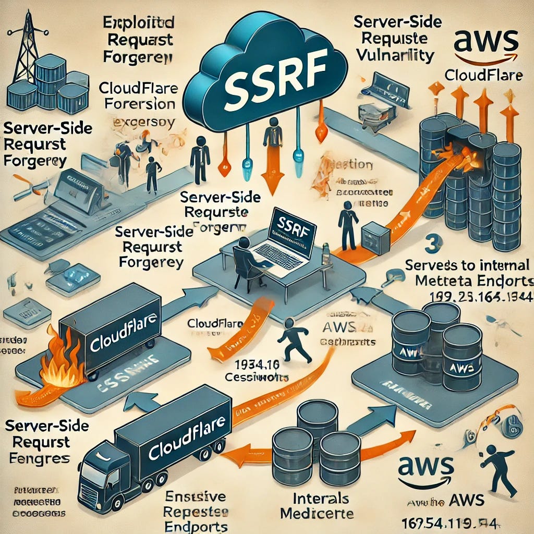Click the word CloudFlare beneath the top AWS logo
tap(483, 75)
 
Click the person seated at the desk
tap(244, 258)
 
